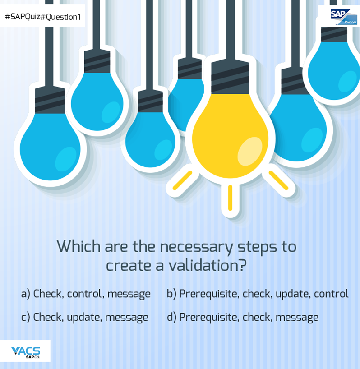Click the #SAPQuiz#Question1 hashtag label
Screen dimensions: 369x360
coord(43,17)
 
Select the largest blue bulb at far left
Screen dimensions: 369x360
coord(48,144)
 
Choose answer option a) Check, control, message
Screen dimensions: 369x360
coord(86,294)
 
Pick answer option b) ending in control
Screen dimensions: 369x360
coord(257,294)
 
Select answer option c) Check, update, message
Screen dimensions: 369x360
coord(85,317)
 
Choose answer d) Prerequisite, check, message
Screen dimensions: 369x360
coord(243,317)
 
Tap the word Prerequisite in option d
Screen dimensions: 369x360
coord(209,317)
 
